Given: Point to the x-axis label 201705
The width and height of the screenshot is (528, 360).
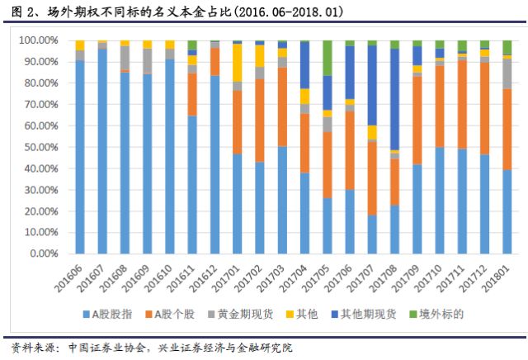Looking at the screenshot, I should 326,274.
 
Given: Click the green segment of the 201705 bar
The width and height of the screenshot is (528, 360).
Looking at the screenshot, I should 328,58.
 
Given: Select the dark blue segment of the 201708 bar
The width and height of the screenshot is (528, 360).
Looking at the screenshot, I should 394,99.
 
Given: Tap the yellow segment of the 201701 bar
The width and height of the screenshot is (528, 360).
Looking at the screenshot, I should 238,63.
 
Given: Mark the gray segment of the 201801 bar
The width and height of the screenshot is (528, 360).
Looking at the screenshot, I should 507,73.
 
